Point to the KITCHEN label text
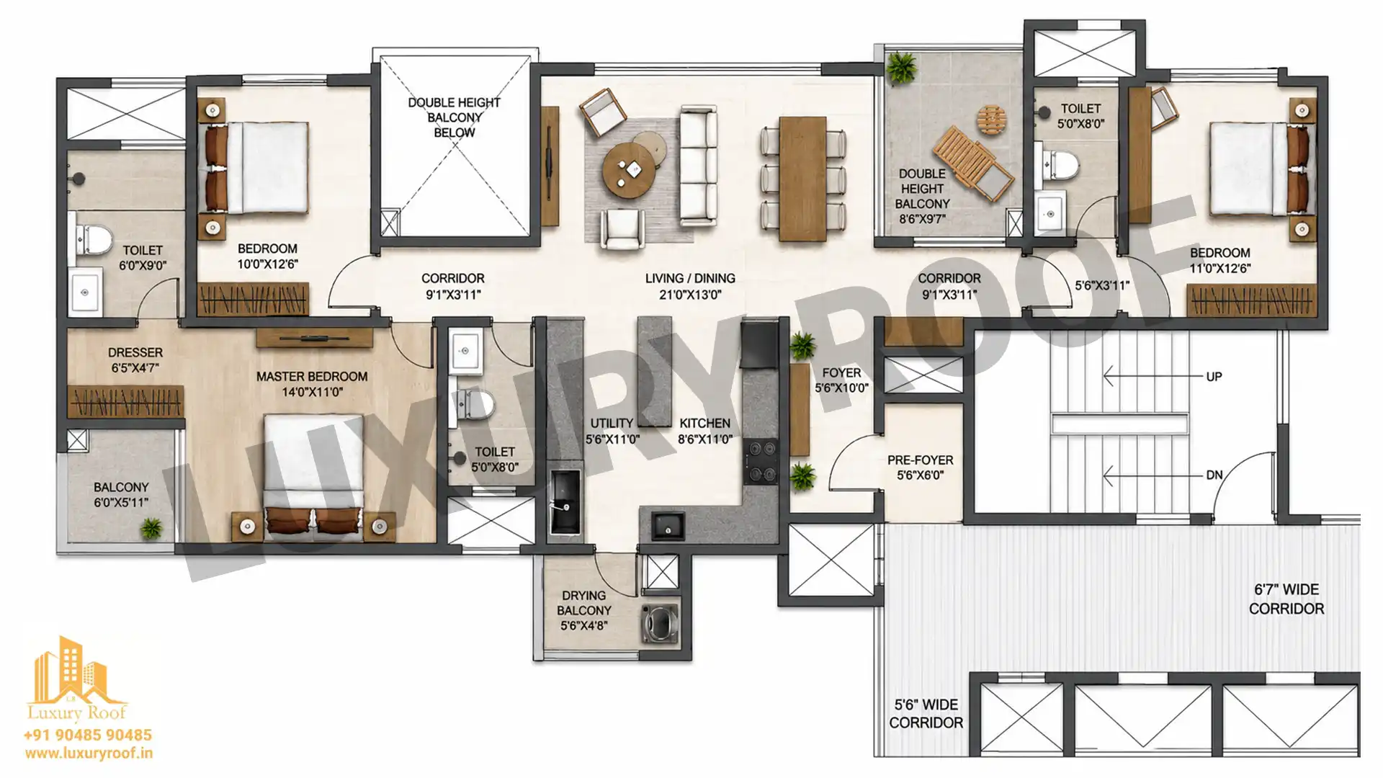click(x=704, y=423)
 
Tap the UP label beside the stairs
click(x=1214, y=377)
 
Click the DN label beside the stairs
click(x=1214, y=475)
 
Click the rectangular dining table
click(x=802, y=179)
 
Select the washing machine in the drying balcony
click(x=660, y=622)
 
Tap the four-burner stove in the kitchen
click(x=761, y=460)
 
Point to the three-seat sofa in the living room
click(x=698, y=165)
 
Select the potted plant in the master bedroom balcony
click(x=151, y=529)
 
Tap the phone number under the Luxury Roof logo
click(x=88, y=735)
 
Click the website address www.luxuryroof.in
click(x=89, y=754)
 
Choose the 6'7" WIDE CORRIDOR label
click(x=1286, y=599)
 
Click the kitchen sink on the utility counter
click(x=565, y=501)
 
